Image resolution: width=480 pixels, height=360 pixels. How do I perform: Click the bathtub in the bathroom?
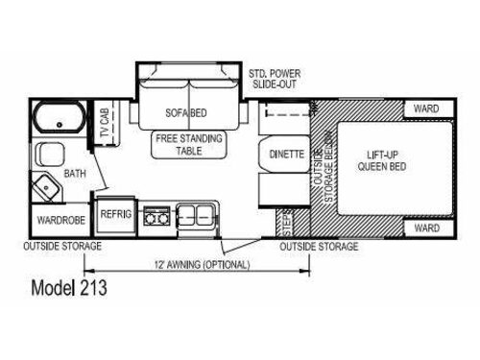(x=57, y=123)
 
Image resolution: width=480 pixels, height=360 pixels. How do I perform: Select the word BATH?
(x=75, y=175)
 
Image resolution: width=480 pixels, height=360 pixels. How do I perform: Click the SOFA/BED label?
(x=186, y=113)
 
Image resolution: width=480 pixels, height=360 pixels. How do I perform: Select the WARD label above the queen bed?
(x=426, y=109)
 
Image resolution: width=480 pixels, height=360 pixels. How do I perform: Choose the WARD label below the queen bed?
(x=426, y=228)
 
